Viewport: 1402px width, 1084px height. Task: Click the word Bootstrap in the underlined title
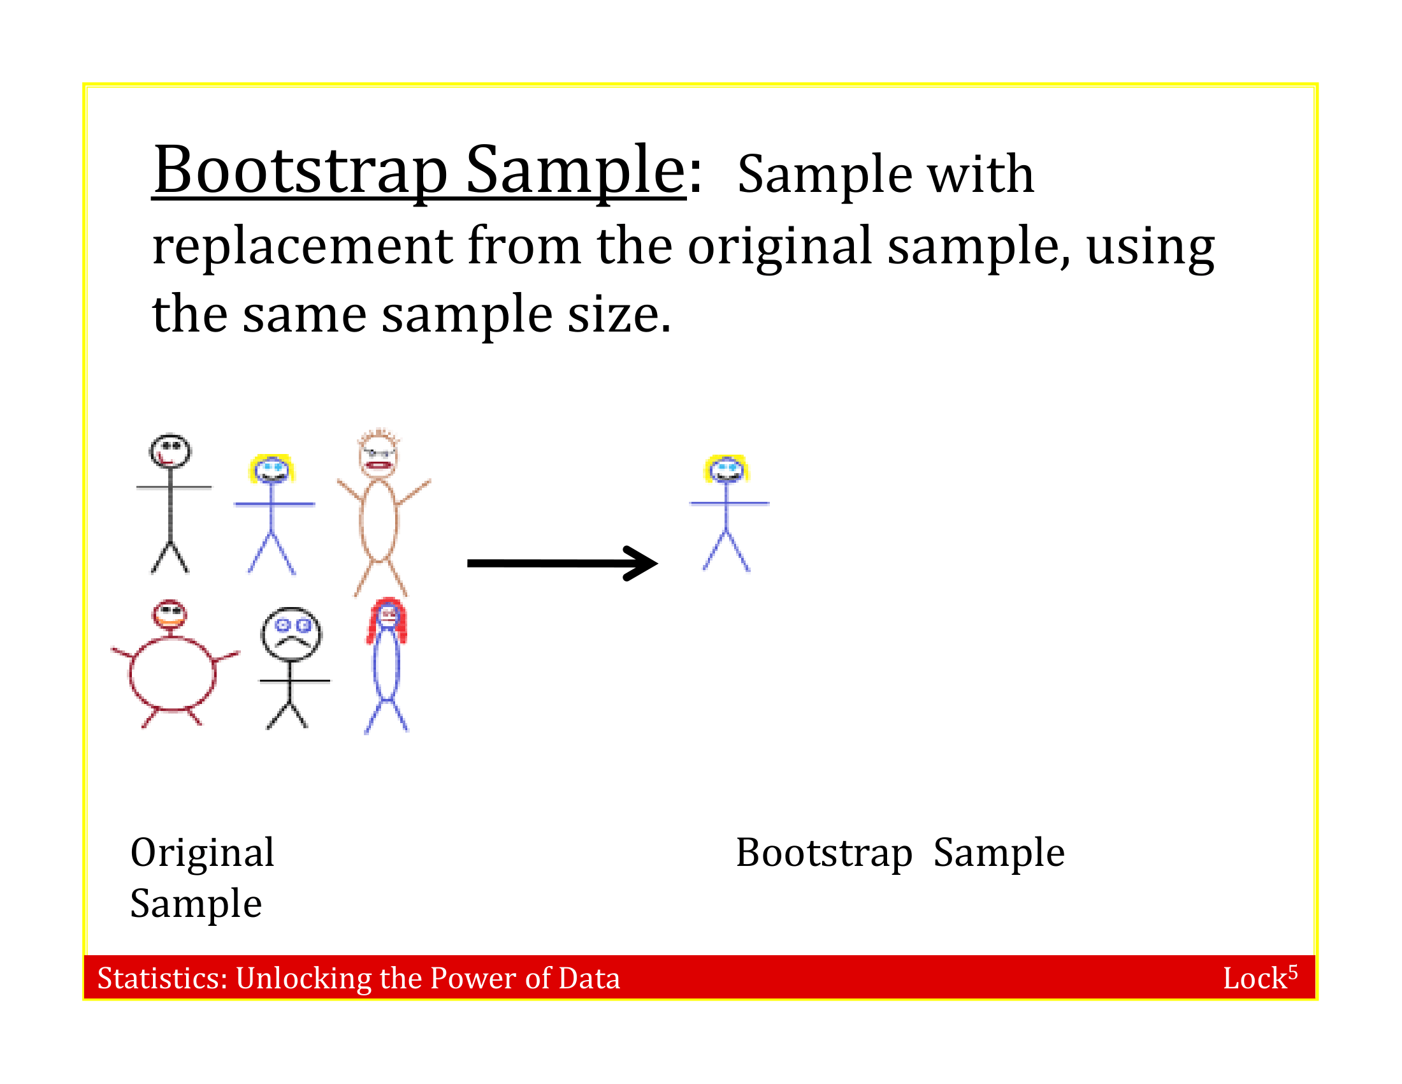pyautogui.click(x=300, y=170)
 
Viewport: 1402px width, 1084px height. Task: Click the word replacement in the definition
pyautogui.click(x=302, y=246)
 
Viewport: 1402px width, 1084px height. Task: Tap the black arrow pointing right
pyautogui.click(x=561, y=563)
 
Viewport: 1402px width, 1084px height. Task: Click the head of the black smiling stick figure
pyautogui.click(x=170, y=451)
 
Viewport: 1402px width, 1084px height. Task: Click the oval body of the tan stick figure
pyautogui.click(x=379, y=520)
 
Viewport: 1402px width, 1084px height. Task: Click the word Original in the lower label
pyautogui.click(x=202, y=853)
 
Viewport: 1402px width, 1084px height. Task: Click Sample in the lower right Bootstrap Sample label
pyautogui.click(x=999, y=853)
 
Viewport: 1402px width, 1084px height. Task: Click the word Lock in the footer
pyautogui.click(x=1254, y=979)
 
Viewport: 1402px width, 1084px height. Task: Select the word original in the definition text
pyautogui.click(x=779, y=246)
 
